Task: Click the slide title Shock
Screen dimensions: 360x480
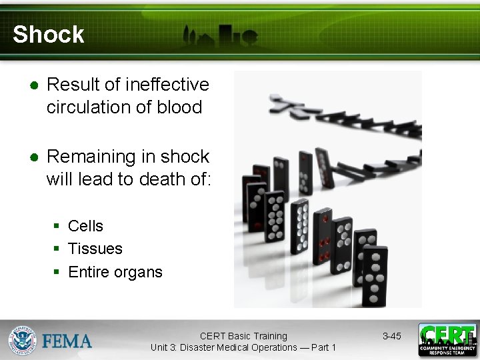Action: coord(49,35)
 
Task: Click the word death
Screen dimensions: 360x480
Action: coord(153,179)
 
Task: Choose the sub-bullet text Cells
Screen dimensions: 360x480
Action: coord(86,226)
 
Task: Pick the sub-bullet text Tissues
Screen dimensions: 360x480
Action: coord(95,249)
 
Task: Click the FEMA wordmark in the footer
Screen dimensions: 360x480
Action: coord(67,341)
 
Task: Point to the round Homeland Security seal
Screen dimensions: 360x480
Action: coord(22,340)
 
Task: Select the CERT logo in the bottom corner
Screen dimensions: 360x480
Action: coord(447,340)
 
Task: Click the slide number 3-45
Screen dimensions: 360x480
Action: coord(391,336)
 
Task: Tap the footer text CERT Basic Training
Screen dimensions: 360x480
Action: coord(243,336)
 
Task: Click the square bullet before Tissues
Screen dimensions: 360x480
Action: coord(58,249)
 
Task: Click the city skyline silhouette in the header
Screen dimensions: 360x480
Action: coord(220,36)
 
